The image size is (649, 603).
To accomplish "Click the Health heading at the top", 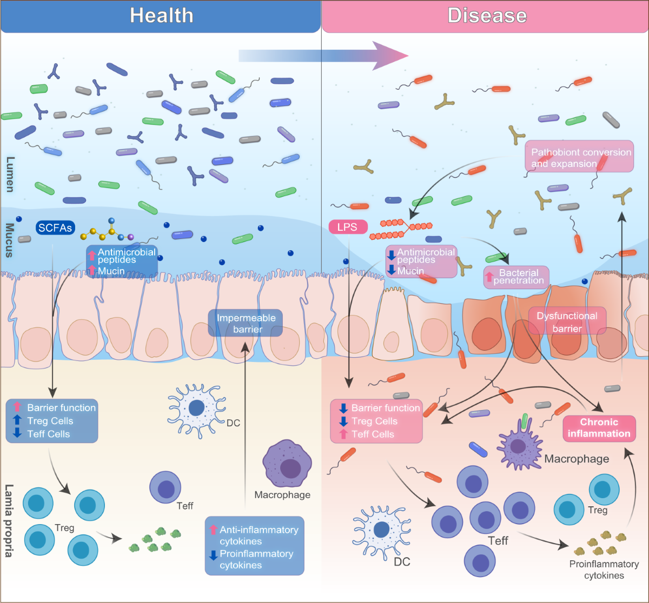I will point(161,16).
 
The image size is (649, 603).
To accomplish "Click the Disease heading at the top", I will point(487,16).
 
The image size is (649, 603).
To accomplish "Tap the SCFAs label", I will point(55,228).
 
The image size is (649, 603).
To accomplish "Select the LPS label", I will point(347,227).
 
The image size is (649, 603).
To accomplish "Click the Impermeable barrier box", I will point(246,323).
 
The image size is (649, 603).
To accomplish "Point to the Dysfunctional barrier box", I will point(567,322).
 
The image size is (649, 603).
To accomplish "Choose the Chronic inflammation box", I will point(599,427).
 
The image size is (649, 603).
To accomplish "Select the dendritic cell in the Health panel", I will point(195,407).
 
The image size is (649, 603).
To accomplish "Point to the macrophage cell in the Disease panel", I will point(519,445).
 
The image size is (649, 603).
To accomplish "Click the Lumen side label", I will point(10,174).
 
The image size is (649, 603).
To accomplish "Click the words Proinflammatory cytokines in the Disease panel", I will point(604,569).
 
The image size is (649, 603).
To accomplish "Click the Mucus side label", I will point(10,240).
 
